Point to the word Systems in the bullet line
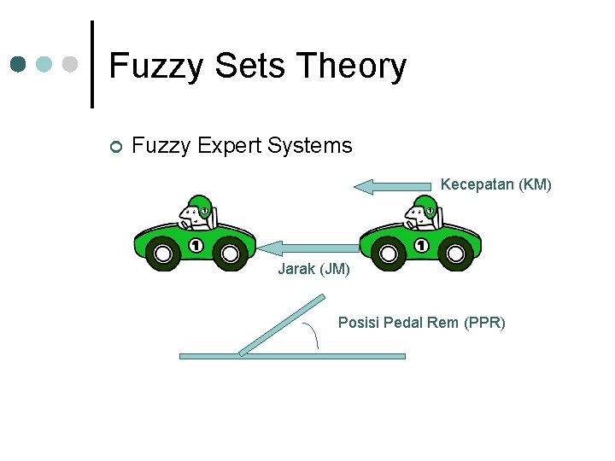[x=309, y=146]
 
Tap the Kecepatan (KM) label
[x=496, y=184]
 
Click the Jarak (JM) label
[x=313, y=270]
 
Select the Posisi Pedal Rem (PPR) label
[x=421, y=323]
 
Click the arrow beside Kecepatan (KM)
[x=393, y=186]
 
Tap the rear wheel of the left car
[x=229, y=253]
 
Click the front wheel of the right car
[x=389, y=253]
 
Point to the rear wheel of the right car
[x=455, y=253]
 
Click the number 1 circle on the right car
[x=420, y=246]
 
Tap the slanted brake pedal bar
[x=282, y=324]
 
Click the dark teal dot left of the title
[x=18, y=64]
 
